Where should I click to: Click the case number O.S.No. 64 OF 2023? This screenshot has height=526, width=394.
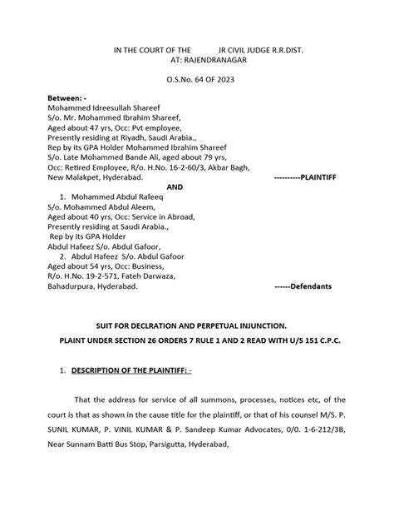[198, 80]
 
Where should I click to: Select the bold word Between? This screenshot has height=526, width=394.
[64, 99]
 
